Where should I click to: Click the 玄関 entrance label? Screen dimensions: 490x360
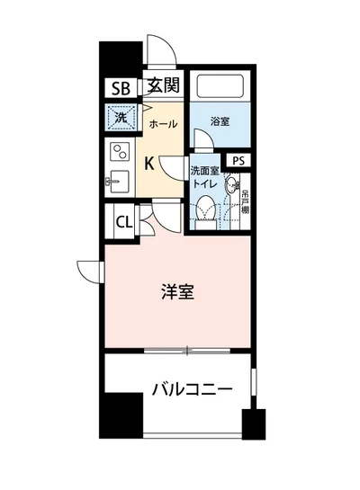164,86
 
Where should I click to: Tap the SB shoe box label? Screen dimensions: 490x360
121,88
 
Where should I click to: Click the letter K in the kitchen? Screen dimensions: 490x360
150,163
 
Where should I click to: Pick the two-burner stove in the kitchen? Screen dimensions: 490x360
119,151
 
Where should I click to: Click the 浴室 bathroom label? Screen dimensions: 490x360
220,121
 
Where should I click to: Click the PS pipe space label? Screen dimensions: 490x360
238,160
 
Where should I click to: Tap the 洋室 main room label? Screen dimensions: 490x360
178,292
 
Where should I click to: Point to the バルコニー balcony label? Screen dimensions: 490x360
192,390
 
